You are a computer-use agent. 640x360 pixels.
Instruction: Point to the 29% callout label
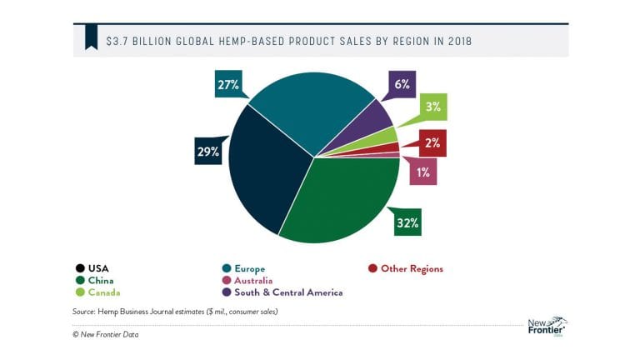point(207,152)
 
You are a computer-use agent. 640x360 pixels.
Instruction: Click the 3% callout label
point(433,107)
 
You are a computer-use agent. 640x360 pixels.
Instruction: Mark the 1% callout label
point(422,172)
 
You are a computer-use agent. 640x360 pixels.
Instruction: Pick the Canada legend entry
point(97,292)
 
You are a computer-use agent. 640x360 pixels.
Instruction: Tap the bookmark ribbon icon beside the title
point(90,38)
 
